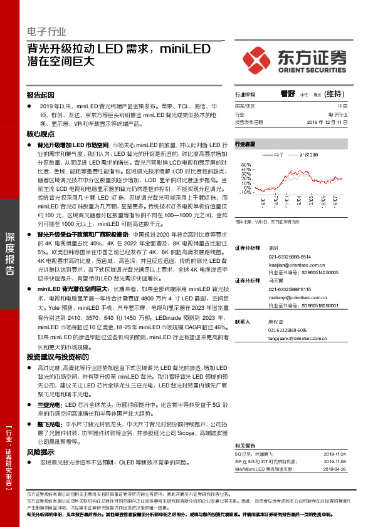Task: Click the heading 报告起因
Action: click(41, 95)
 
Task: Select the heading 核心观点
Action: click(41, 135)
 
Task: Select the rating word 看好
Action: click(288, 94)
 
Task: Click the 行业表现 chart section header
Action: click(245, 143)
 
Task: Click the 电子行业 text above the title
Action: click(46, 32)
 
